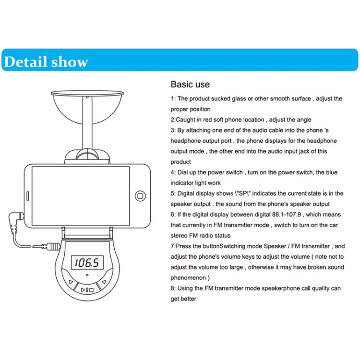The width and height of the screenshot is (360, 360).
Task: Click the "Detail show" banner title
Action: (46, 62)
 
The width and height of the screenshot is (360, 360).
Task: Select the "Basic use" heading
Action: (190, 84)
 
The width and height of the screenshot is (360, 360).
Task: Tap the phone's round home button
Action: (140, 196)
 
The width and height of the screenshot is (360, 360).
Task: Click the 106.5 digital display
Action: (87, 263)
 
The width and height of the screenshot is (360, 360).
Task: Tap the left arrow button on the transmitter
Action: (71, 282)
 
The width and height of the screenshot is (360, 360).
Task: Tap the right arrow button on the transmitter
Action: (104, 282)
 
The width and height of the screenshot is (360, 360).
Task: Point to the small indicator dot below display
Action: (87, 275)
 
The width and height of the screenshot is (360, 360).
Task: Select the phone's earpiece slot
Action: (28, 196)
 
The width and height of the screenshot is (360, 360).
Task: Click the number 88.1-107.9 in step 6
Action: (287, 215)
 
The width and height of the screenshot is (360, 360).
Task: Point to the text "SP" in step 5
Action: (243, 193)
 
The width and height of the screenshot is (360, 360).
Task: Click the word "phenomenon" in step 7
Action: (188, 278)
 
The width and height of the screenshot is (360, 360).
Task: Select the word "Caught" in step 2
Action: (185, 120)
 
